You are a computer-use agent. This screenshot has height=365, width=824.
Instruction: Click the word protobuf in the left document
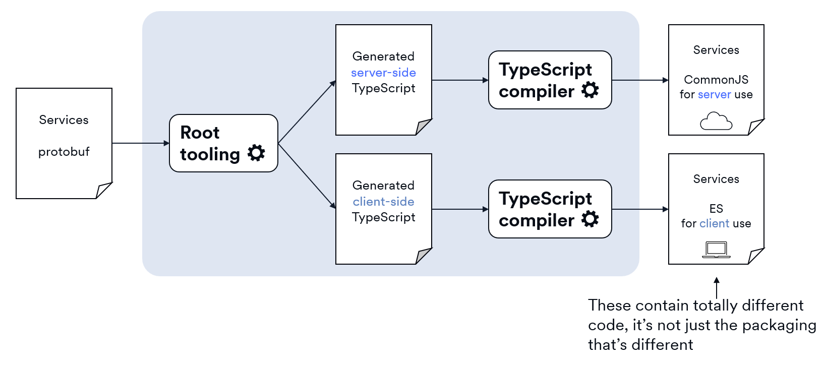[x=64, y=152]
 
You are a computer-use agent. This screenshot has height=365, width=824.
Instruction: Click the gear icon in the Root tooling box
[x=256, y=153]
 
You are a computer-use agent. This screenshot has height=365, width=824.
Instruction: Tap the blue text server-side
[x=383, y=73]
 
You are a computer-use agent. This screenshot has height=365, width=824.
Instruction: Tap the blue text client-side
[x=383, y=202]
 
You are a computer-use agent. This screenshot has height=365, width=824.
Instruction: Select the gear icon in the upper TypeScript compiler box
[x=590, y=90]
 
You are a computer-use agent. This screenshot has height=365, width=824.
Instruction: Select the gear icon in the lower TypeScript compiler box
[x=590, y=219]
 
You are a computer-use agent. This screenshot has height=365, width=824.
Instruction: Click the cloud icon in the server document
[x=716, y=121]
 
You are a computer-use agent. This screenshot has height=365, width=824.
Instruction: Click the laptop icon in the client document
[x=716, y=250]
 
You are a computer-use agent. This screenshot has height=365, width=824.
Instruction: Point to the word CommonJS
[x=716, y=80]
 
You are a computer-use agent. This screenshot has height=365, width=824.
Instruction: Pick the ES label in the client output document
[x=716, y=209]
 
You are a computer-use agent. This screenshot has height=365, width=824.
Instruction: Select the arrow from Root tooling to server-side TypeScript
[x=307, y=112]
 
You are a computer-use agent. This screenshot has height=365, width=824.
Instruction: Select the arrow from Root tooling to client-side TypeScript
[x=307, y=175]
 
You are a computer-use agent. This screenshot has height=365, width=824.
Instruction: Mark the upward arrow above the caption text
[x=717, y=287]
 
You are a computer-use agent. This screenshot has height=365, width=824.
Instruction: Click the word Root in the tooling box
[x=200, y=133]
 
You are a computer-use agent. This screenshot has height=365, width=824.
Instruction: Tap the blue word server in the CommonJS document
[x=714, y=94]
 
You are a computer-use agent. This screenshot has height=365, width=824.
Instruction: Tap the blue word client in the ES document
[x=714, y=223]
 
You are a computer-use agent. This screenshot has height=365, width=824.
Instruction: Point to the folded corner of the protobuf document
[x=103, y=191]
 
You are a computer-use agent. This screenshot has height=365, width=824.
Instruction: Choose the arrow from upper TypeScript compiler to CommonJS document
[x=639, y=80]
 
